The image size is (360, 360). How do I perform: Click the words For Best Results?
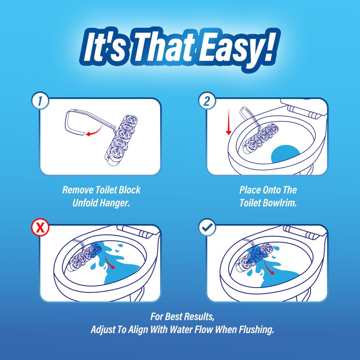point(179,317)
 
